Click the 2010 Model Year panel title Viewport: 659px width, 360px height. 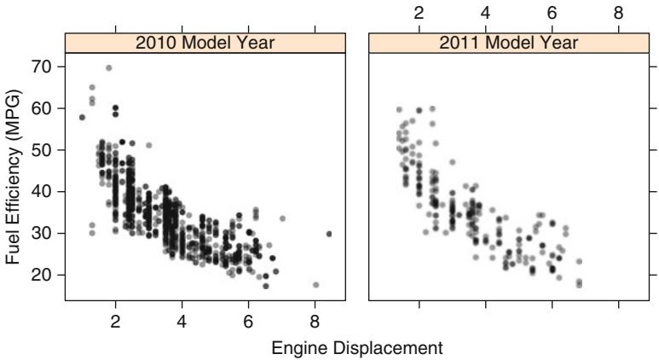tap(205, 43)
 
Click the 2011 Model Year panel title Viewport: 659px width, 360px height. tap(509, 43)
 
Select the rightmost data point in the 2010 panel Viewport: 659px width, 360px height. tap(329, 234)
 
